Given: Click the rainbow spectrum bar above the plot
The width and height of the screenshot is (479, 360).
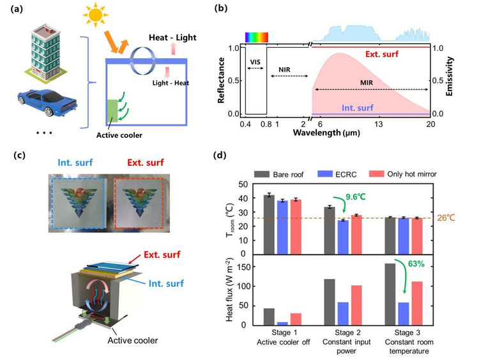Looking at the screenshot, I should tap(256, 36).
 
